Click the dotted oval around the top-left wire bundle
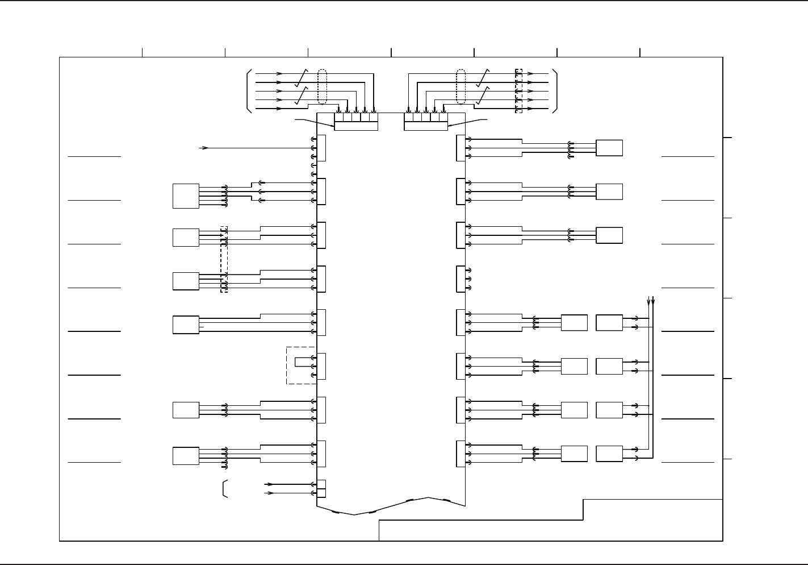click(x=323, y=87)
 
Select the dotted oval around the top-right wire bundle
click(x=461, y=87)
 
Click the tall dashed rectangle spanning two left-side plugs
click(x=224, y=259)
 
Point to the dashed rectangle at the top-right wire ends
click(x=518, y=91)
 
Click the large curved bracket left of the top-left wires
click(x=249, y=91)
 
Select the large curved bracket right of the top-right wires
click(x=556, y=91)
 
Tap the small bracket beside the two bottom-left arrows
click(x=225, y=489)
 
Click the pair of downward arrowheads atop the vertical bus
click(x=651, y=300)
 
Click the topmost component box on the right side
click(x=609, y=148)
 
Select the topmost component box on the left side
click(x=186, y=196)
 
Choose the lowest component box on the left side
click(x=186, y=456)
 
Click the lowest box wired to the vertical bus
click(x=609, y=454)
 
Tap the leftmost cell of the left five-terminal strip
click(x=339, y=118)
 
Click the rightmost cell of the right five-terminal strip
click(x=443, y=118)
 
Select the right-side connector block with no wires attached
click(x=460, y=279)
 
